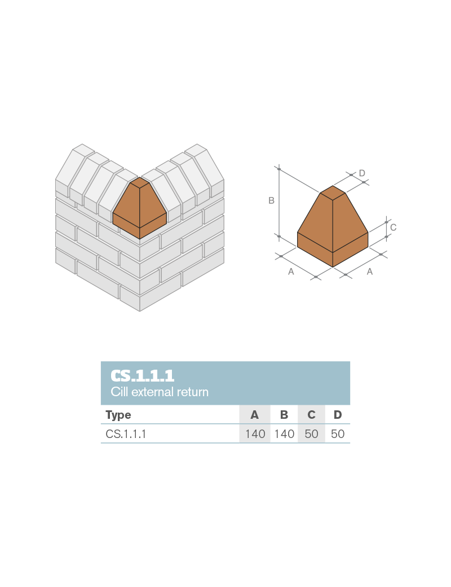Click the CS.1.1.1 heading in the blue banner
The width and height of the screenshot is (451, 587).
coord(142,375)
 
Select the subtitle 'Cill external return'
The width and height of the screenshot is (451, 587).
coord(160,392)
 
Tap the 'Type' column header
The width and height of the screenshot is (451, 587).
coord(118,415)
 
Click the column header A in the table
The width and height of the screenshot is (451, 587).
coord(254,415)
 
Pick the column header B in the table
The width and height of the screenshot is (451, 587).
coord(284,415)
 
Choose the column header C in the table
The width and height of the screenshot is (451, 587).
coord(311,415)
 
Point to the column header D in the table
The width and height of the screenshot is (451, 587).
coord(338,415)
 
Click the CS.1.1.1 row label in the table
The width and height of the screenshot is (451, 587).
coord(126,434)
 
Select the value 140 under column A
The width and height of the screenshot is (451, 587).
coord(255,434)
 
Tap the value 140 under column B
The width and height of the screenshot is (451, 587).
coord(284,434)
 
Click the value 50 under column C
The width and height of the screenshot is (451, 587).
coord(311,434)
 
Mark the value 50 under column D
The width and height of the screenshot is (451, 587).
coord(338,434)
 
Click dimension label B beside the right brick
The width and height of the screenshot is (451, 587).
coord(271,200)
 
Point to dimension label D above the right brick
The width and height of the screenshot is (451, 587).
coord(362,173)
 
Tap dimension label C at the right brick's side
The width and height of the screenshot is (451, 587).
coord(393,227)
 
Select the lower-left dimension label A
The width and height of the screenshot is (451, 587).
coord(291,271)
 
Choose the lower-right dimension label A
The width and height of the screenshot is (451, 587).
coord(370,271)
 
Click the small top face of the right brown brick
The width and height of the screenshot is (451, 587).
coord(333,192)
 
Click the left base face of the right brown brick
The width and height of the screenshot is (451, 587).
coord(315,249)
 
